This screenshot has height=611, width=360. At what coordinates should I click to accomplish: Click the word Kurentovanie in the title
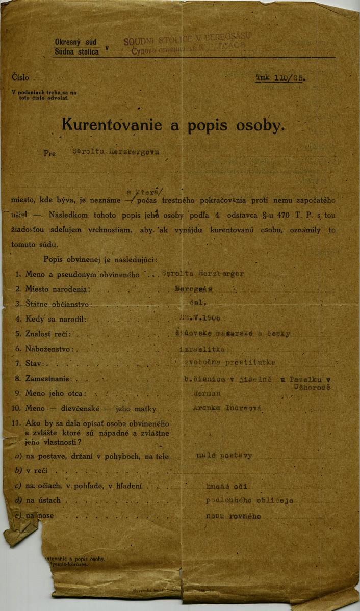tap(111, 125)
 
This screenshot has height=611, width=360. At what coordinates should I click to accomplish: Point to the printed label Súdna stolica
tap(76, 51)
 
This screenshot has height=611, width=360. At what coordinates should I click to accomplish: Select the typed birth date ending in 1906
tap(196, 318)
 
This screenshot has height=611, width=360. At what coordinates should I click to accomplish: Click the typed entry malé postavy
tap(224, 456)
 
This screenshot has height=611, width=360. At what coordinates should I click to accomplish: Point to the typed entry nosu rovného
tap(233, 516)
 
